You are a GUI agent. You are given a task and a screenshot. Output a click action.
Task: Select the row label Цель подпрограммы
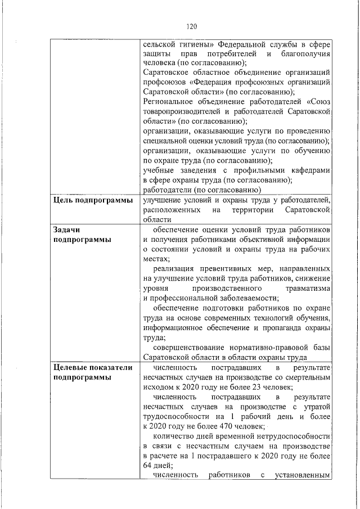(93, 201)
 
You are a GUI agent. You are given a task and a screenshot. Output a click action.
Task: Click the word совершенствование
(188, 347)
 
